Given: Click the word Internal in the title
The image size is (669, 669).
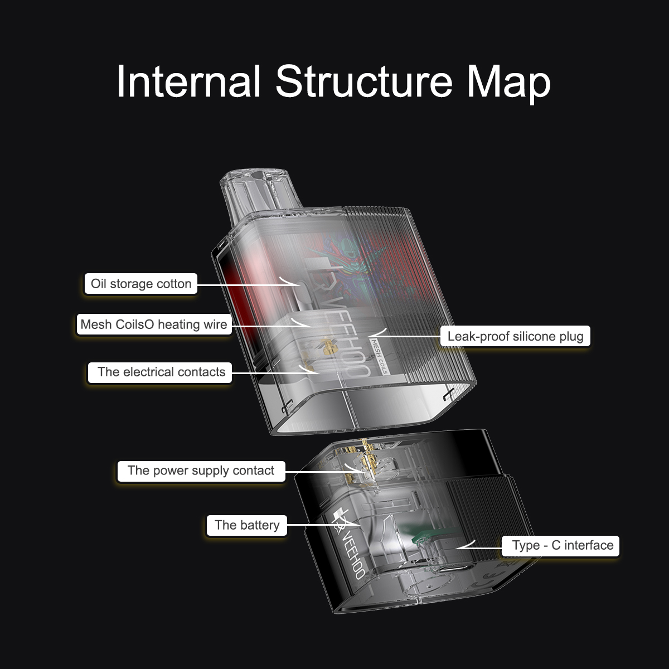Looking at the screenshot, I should click(x=188, y=81).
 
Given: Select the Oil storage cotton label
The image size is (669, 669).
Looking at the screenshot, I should click(x=141, y=284).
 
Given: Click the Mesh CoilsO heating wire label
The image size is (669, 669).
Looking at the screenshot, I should click(x=154, y=324).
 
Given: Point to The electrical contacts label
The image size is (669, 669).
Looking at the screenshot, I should click(x=161, y=372).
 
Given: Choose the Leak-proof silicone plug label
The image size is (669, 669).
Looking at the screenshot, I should click(x=515, y=336).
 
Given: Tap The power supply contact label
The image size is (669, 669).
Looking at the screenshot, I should click(x=201, y=471).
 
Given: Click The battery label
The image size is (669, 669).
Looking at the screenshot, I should click(x=246, y=525).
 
